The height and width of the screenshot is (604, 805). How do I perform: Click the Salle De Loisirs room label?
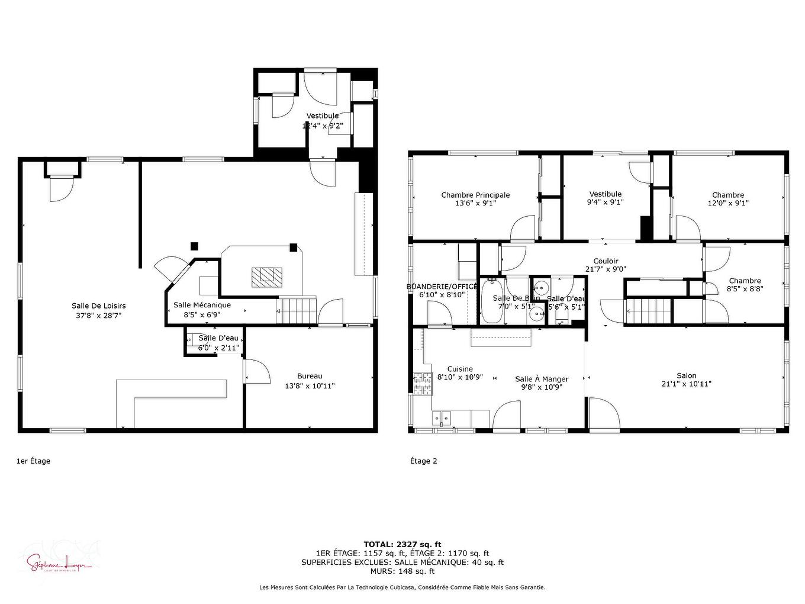point(99,306)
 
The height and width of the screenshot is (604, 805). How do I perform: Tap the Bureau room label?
point(310,376)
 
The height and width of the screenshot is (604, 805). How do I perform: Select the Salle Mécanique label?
point(202,305)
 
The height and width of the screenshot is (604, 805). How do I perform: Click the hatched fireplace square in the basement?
point(267,277)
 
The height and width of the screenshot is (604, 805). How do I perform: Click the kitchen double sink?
point(442,419)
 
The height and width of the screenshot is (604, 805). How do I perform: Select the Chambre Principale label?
point(475,195)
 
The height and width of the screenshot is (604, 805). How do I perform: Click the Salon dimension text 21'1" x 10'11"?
point(687,384)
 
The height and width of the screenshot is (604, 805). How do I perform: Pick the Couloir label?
point(606,261)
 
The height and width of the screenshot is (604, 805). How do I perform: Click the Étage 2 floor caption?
point(423,461)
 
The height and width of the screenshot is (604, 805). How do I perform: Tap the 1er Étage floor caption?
point(33,461)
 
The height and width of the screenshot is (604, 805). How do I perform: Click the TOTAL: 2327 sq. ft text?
point(402,544)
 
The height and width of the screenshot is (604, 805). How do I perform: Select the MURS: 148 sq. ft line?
point(402,571)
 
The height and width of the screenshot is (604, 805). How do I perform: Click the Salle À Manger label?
point(542,379)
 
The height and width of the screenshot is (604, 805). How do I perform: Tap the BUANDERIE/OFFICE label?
point(442,286)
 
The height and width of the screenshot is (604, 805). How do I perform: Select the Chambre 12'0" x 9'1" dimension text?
point(728,203)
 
